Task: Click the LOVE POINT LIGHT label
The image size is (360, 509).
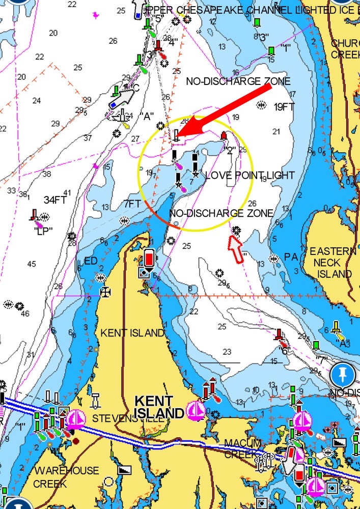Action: tap(250, 176)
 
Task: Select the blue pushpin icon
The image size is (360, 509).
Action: tap(342, 376)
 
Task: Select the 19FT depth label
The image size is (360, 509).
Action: tap(284, 107)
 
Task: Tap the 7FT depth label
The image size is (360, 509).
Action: tap(132, 204)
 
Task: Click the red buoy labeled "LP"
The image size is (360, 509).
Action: tap(35, 215)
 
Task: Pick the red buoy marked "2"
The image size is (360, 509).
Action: tap(224, 136)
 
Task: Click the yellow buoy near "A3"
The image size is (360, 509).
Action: tap(336, 327)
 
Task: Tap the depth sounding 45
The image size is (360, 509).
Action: tap(32, 264)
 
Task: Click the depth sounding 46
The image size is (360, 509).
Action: tap(25, 314)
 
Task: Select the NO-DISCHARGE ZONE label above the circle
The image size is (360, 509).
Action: tap(238, 81)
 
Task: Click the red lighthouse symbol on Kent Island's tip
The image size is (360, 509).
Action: tap(149, 258)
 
